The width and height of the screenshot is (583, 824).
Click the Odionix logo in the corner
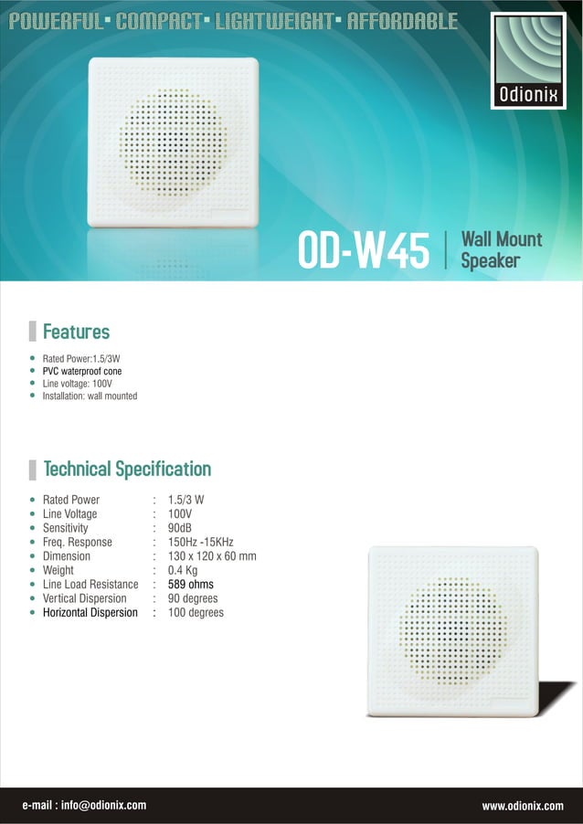527,60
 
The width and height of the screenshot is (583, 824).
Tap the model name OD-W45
363,250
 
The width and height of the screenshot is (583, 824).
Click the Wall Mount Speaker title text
501,249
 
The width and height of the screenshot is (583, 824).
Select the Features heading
76,332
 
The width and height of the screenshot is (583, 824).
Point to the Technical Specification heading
127,470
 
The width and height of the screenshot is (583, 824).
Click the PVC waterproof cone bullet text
82,372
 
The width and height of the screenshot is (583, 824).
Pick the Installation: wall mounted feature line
90,396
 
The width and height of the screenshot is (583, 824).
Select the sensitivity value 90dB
180,528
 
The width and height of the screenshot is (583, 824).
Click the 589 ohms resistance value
191,585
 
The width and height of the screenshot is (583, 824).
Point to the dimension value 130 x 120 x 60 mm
212,556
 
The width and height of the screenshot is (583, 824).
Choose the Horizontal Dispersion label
90,613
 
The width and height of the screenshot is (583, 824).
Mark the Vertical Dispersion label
84,598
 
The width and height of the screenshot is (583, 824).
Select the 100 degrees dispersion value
196,613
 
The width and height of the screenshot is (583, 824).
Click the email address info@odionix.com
84,806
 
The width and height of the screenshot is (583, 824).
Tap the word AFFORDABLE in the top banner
402,22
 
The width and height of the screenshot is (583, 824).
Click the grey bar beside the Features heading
33,332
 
